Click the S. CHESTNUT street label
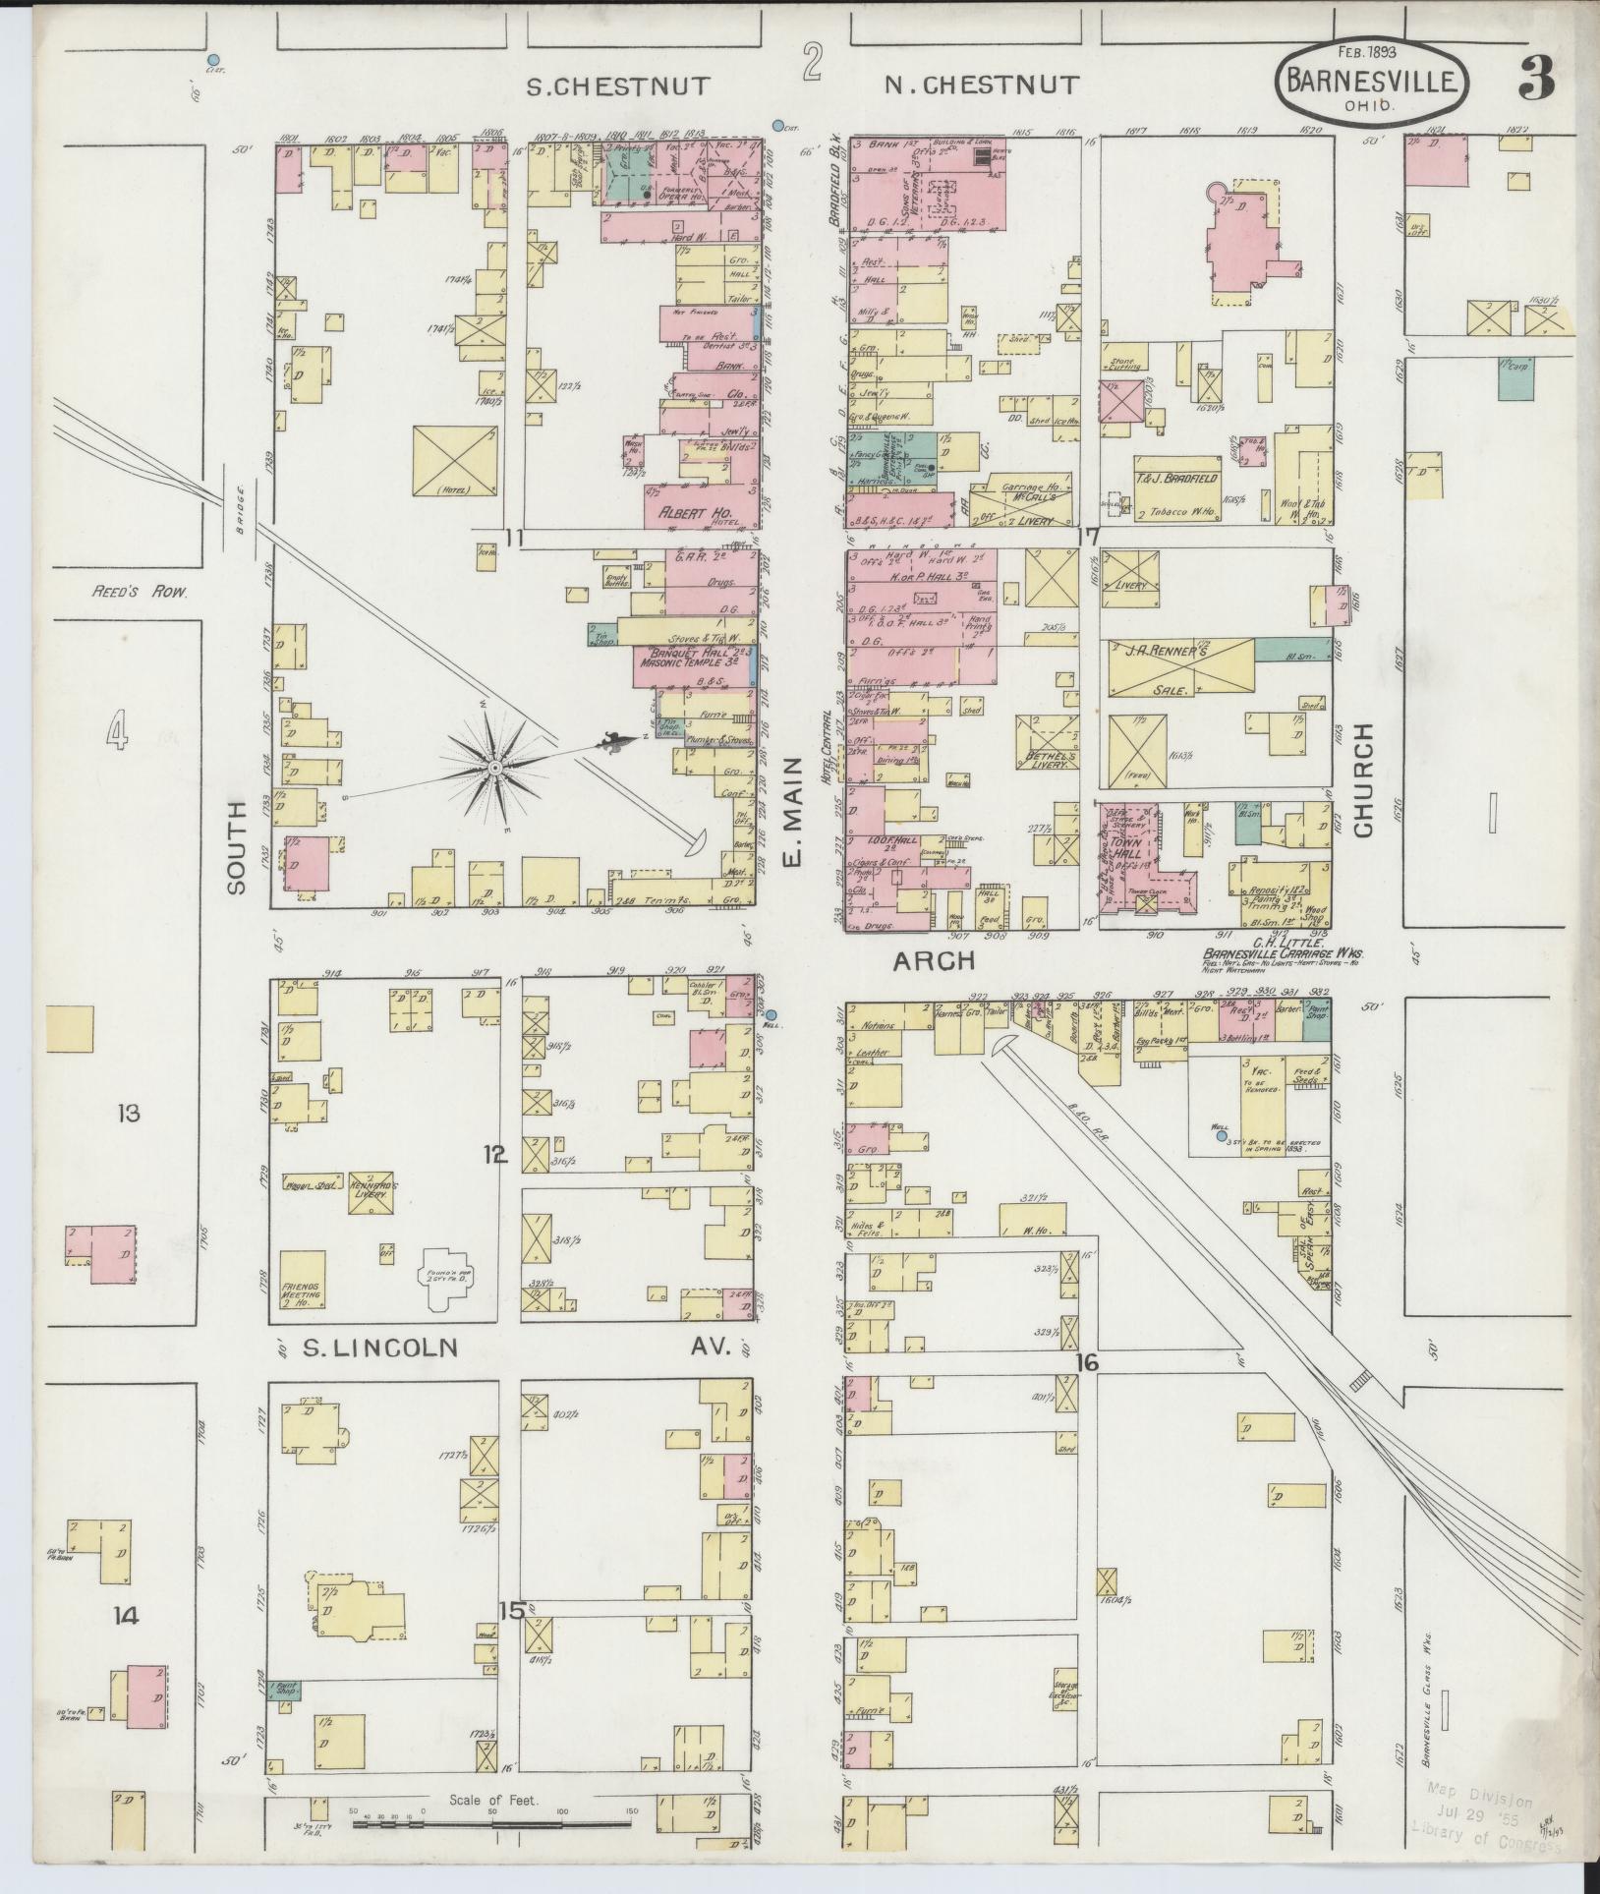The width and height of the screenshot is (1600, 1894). pyautogui.click(x=616, y=86)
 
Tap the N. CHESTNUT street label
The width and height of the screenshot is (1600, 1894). pyautogui.click(x=981, y=86)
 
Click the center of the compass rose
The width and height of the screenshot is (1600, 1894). pyautogui.click(x=497, y=766)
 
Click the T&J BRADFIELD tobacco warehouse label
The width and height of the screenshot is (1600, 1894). pyautogui.click(x=1176, y=478)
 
